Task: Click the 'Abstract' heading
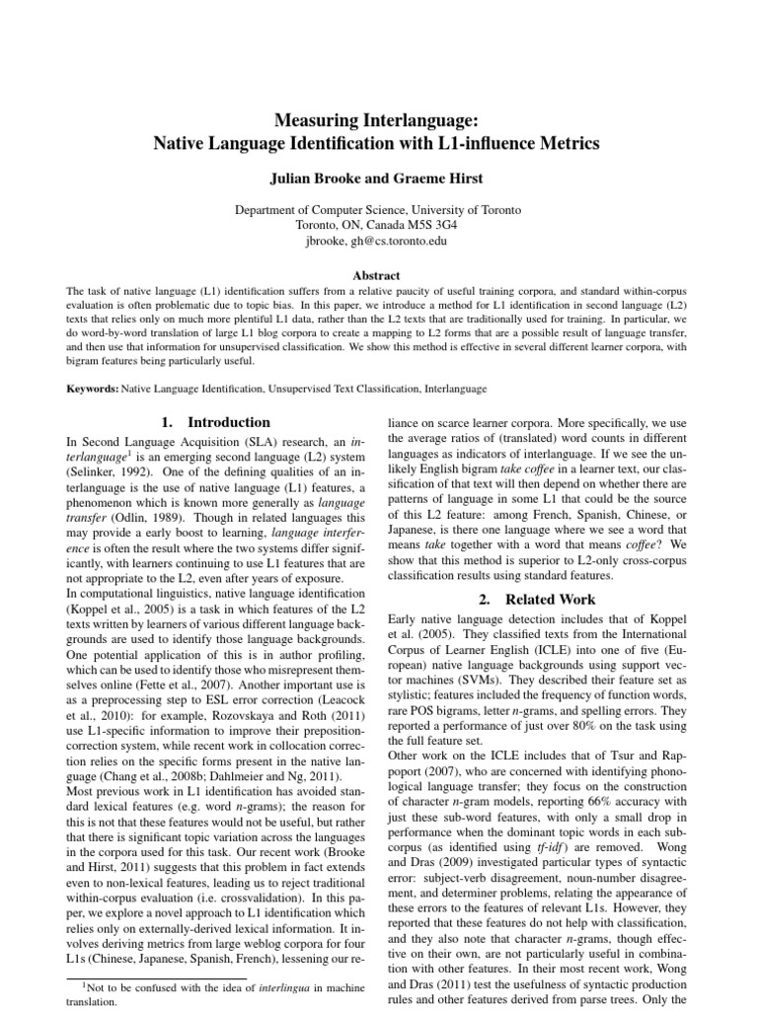[378, 276]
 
